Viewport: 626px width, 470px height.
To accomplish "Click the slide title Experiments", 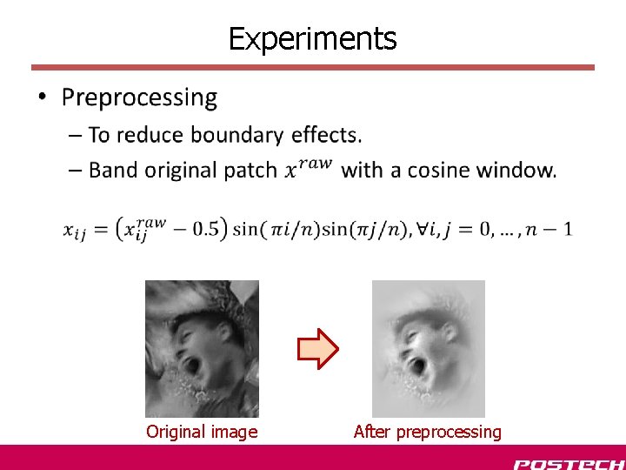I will pos(312,38).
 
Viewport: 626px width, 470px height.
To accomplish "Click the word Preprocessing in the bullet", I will pos(139,97).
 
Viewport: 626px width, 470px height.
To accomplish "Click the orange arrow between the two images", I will pos(317,349).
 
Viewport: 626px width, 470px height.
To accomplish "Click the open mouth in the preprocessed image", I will pos(419,365).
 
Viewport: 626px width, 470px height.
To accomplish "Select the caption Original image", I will pos(202,432).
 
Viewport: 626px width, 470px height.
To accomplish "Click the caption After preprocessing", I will pos(427,432).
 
